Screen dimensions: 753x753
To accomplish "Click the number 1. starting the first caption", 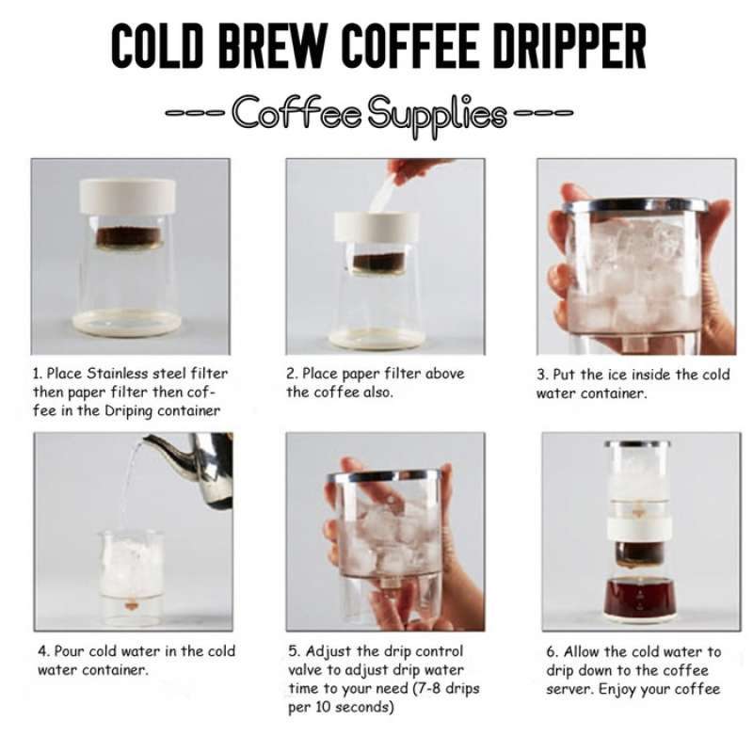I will [x=39, y=373].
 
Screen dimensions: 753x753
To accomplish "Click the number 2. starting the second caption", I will [x=293, y=373].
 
